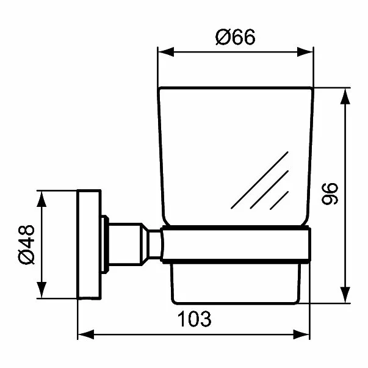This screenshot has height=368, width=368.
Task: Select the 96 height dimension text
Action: coord(329,192)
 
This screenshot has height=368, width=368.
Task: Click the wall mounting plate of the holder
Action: coord(88,245)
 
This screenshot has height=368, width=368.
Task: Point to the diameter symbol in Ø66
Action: coord(222,38)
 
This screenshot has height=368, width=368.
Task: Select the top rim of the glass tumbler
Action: coord(236,88)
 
